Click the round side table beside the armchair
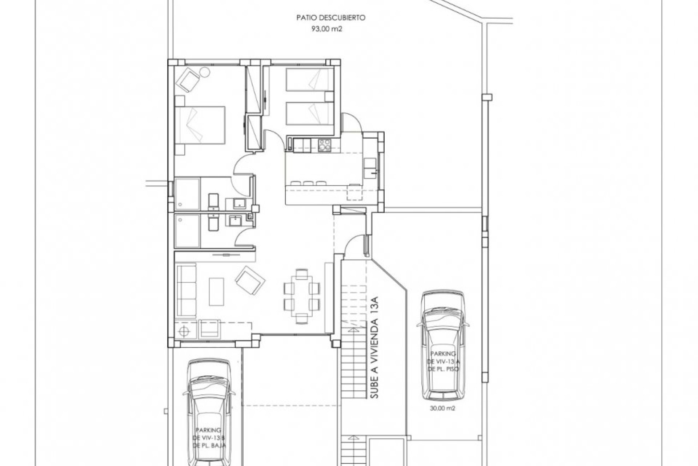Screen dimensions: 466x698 (x=204, y=72)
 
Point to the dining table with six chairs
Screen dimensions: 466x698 (x=301, y=296)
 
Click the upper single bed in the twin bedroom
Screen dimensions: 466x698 (x=310, y=79)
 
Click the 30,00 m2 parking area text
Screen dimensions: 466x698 (x=441, y=408)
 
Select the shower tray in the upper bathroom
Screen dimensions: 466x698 (x=187, y=194)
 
